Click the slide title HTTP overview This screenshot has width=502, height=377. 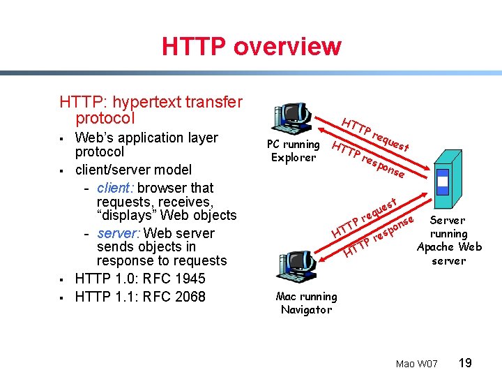coord(251,47)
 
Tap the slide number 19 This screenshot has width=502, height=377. coord(466,362)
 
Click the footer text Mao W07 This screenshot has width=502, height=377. coord(416,364)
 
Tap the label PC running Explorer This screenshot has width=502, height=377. coord(293,151)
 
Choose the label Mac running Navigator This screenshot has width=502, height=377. coord(306,303)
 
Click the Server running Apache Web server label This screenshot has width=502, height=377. coord(448,240)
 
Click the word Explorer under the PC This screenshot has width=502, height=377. coord(293,157)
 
